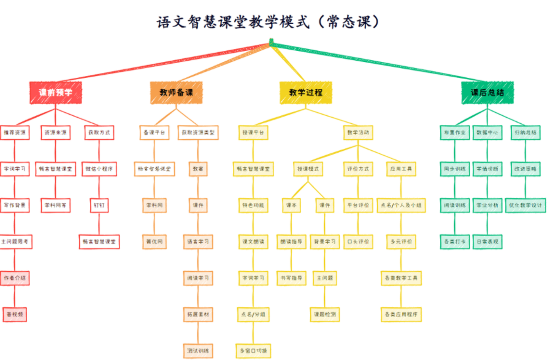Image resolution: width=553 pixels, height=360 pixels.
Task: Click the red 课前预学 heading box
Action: pos(55,93)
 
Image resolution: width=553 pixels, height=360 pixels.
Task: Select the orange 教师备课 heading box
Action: pos(177,93)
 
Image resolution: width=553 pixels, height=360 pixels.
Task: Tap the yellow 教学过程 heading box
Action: pos(305,93)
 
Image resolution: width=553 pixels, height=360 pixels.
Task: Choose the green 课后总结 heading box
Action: pos(487,93)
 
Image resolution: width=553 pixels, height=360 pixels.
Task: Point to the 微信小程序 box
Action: pos(99,169)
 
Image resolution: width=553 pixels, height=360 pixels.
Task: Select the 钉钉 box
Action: pos(99,205)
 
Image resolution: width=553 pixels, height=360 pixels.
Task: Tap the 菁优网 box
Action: pos(154,242)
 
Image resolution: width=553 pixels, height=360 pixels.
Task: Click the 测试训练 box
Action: pos(198,351)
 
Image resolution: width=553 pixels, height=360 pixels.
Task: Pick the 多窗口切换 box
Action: pos(253,351)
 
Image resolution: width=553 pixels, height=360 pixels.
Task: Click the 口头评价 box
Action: pos(358,242)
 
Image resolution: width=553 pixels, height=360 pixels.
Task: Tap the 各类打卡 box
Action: pos(454,242)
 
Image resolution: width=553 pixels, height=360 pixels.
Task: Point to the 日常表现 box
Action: pos(487,242)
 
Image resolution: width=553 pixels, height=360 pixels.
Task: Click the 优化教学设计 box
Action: pos(525,205)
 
